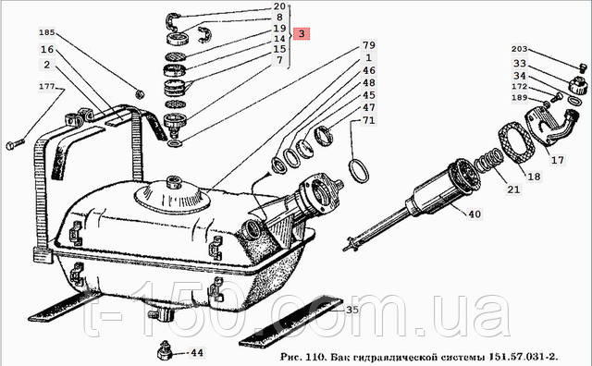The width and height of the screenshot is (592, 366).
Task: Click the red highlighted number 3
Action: (302, 33)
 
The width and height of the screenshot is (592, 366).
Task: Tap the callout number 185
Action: (47, 32)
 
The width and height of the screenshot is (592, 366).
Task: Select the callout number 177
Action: (47, 86)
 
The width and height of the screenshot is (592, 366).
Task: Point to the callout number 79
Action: (369, 45)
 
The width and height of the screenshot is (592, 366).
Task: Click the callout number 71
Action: (369, 120)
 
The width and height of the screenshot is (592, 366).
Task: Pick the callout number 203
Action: (520, 49)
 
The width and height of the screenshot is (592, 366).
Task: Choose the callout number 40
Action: (475, 213)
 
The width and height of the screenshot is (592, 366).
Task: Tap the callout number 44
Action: (197, 353)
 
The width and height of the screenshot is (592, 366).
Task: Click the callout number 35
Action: (352, 310)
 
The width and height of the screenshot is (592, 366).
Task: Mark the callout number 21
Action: (513, 189)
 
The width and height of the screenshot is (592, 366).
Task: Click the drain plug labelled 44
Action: (165, 350)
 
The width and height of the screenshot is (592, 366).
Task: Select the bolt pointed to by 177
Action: (16, 144)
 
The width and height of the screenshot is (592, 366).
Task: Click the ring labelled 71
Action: (358, 171)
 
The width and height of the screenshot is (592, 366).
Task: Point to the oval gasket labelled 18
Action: (517, 143)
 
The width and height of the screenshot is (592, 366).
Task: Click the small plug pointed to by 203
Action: (583, 67)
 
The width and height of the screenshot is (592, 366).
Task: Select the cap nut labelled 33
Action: (578, 86)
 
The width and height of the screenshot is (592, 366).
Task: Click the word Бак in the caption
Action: (341, 357)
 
